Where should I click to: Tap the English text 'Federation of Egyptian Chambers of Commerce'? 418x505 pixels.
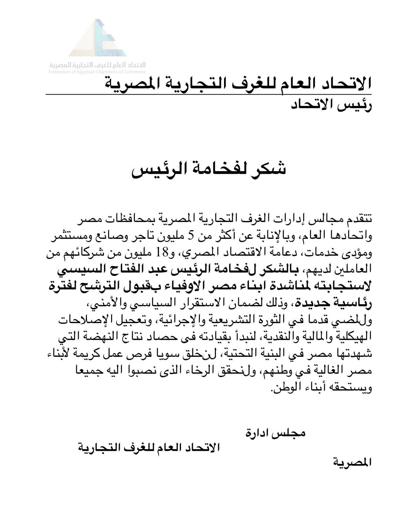pos(97,72)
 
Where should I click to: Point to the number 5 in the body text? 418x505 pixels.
pos(192,235)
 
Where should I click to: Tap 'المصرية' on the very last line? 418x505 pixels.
pos(352,463)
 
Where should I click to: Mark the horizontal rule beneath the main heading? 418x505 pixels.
pos(208,95)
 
